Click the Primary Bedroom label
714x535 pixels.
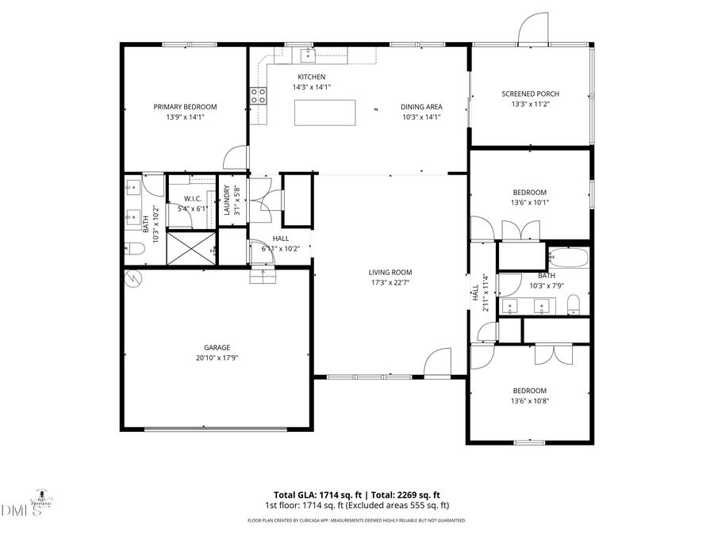click(185, 107)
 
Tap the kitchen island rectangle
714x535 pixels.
click(324, 113)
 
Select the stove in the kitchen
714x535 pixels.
click(259, 96)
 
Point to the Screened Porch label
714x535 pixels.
click(530, 94)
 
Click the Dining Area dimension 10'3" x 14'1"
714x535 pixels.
click(420, 117)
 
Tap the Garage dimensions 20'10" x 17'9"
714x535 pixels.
click(217, 358)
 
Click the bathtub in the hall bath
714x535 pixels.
click(568, 258)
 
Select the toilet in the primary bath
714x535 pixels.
click(134, 249)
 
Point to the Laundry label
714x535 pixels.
click(227, 201)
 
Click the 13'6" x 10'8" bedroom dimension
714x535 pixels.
click(529, 401)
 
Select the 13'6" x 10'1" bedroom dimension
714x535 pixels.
click(529, 202)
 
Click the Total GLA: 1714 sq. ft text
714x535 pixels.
click(311, 494)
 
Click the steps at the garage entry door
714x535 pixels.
click(262, 276)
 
